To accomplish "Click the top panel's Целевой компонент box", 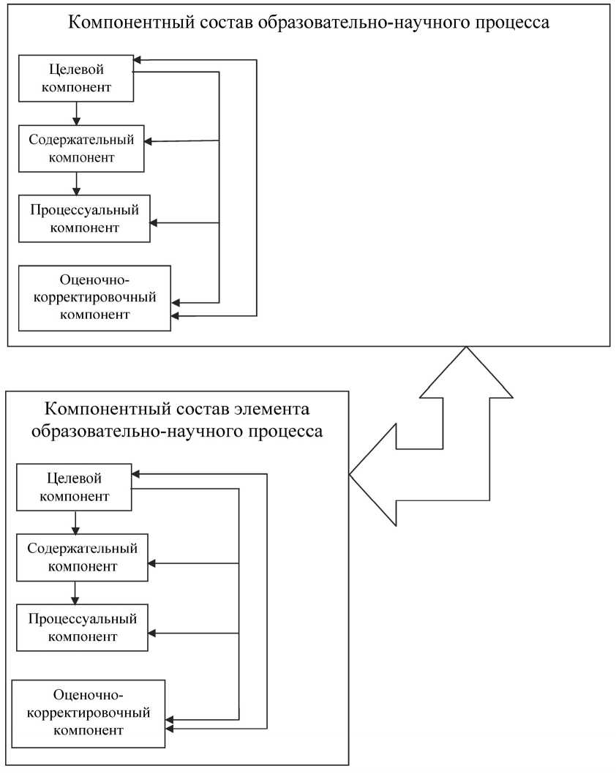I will [x=75, y=78].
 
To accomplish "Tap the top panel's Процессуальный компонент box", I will [x=84, y=218].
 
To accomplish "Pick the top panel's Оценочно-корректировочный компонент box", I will [x=95, y=298].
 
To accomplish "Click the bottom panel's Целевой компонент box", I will [x=73, y=487].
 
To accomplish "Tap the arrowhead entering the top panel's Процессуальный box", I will [x=154, y=222].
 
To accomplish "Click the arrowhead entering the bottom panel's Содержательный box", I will [x=152, y=563].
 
